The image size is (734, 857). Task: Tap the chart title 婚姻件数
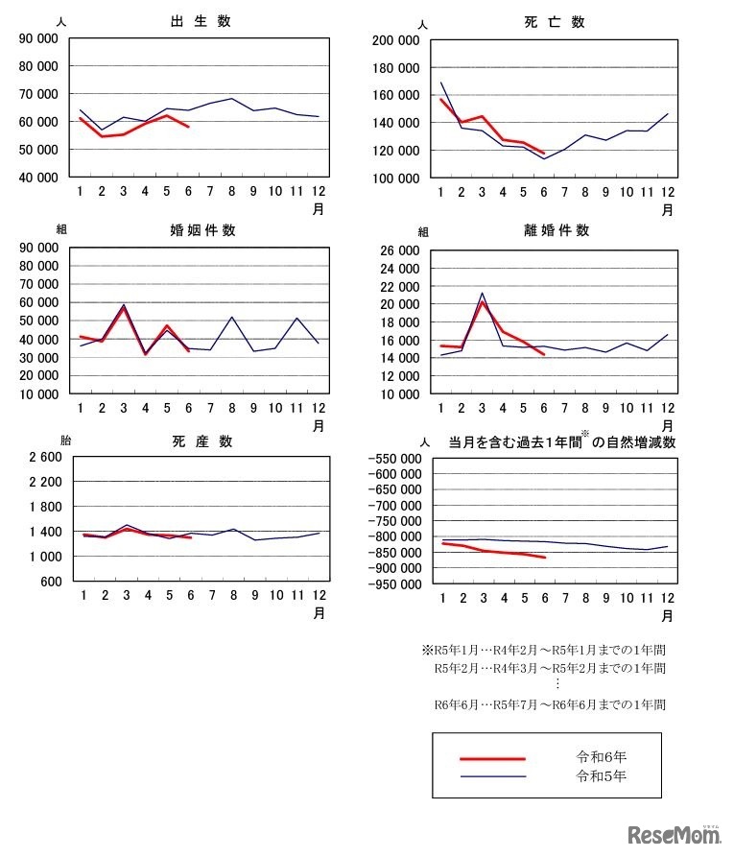tap(202, 230)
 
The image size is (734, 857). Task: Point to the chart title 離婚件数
tap(556, 230)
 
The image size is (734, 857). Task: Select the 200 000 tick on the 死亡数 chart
tap(396, 40)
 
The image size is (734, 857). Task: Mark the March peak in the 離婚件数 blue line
tap(483, 293)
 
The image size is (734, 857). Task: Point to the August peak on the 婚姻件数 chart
tap(233, 317)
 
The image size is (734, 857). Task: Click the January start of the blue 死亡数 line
tap(441, 83)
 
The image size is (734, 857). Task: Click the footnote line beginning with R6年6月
tap(550, 704)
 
